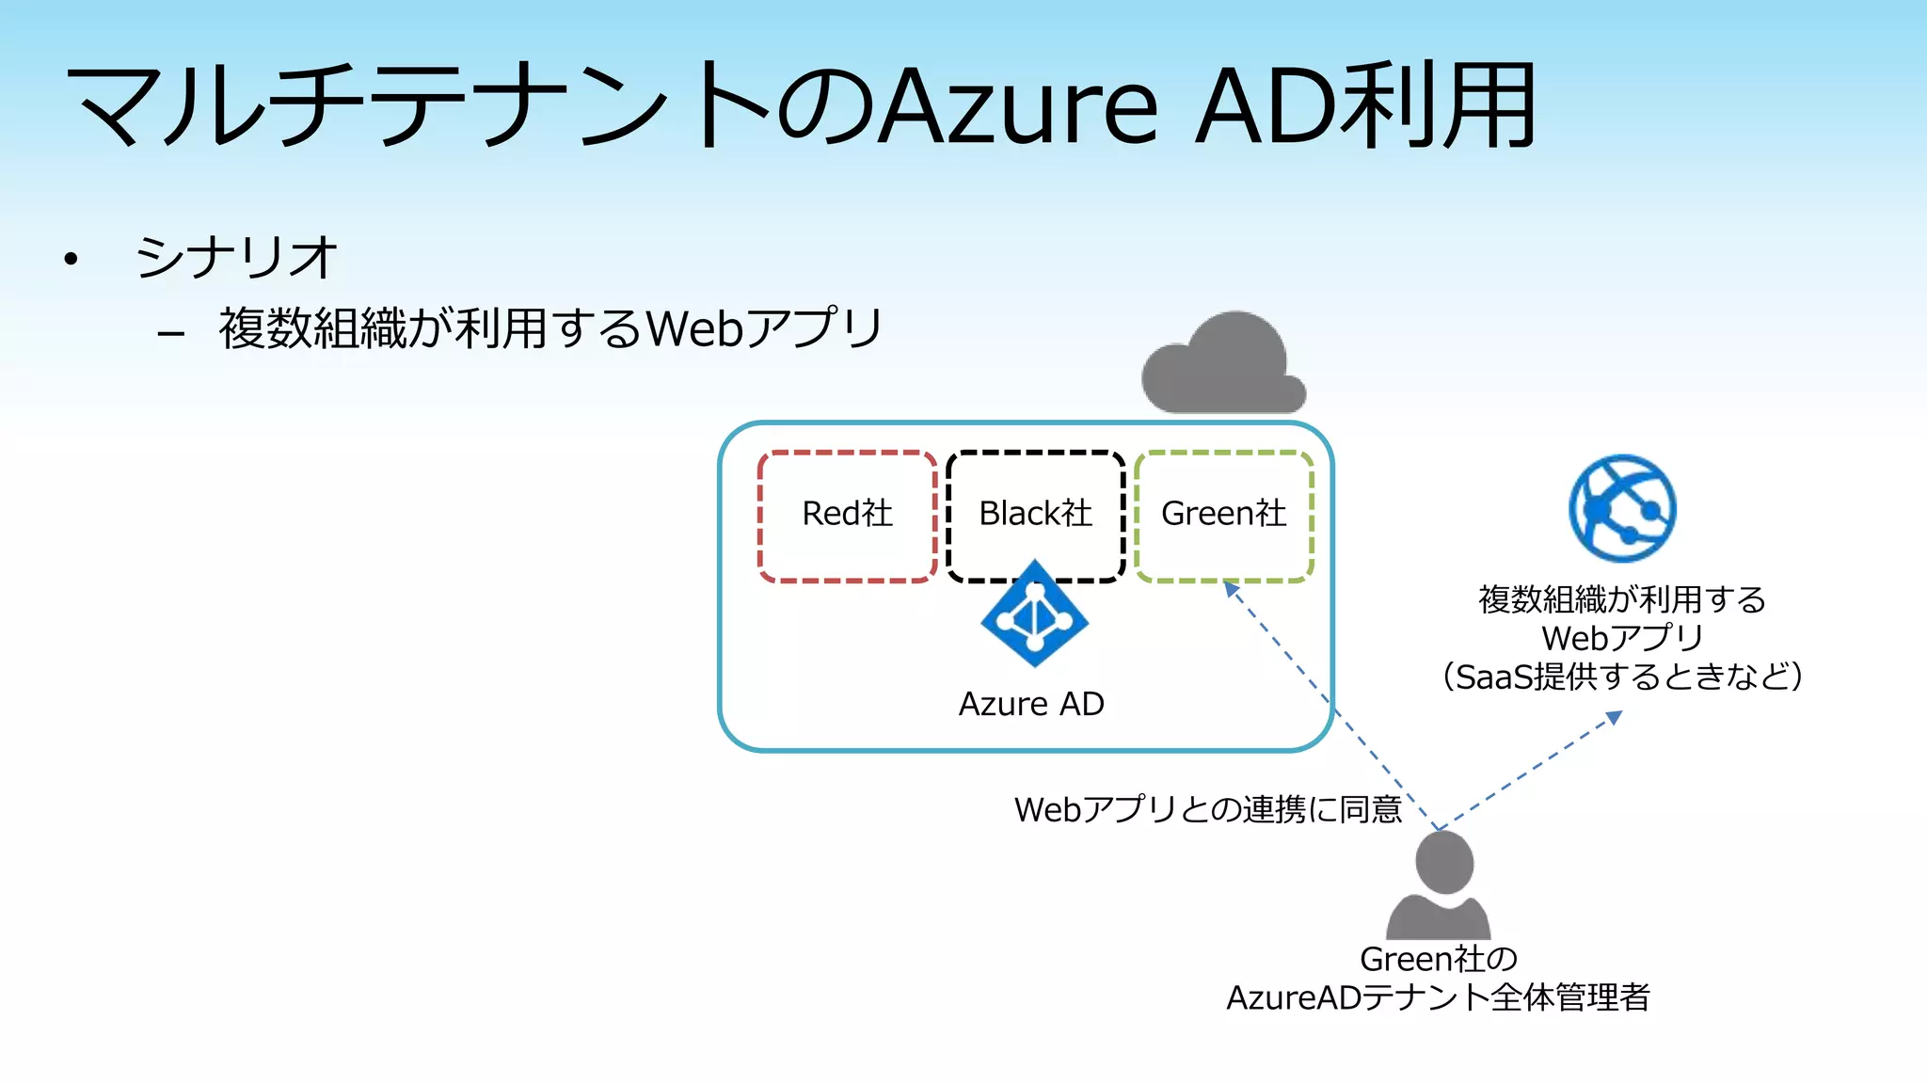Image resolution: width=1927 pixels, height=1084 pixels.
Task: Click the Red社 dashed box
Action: click(x=847, y=515)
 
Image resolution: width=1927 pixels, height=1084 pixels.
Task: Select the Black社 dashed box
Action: click(x=1035, y=515)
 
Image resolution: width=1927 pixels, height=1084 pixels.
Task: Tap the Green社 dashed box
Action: click(x=1223, y=515)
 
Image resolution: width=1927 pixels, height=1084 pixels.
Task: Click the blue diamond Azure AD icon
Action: click(x=1035, y=614)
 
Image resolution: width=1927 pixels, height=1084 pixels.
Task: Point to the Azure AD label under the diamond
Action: click(x=1031, y=704)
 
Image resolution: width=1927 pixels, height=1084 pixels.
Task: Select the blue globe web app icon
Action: click(x=1622, y=508)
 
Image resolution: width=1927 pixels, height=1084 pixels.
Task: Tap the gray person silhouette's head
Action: click(x=1444, y=861)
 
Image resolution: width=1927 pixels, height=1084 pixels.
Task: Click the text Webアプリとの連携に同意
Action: click(x=1208, y=809)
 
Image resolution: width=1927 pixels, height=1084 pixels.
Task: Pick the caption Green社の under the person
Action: click(x=1439, y=959)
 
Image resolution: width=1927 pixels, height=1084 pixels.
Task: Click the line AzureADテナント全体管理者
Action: click(x=1438, y=997)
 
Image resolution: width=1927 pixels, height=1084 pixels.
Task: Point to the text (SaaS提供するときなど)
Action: click(x=1622, y=677)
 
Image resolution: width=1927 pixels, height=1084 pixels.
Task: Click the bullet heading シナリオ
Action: click(x=235, y=257)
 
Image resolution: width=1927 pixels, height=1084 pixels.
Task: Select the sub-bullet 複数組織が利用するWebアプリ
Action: click(x=550, y=328)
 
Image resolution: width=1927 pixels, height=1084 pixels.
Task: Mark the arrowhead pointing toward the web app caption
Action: click(x=1614, y=718)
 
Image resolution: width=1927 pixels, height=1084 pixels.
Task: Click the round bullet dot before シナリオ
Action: click(x=71, y=259)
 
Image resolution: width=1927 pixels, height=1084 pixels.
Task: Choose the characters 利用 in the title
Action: click(x=1440, y=106)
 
